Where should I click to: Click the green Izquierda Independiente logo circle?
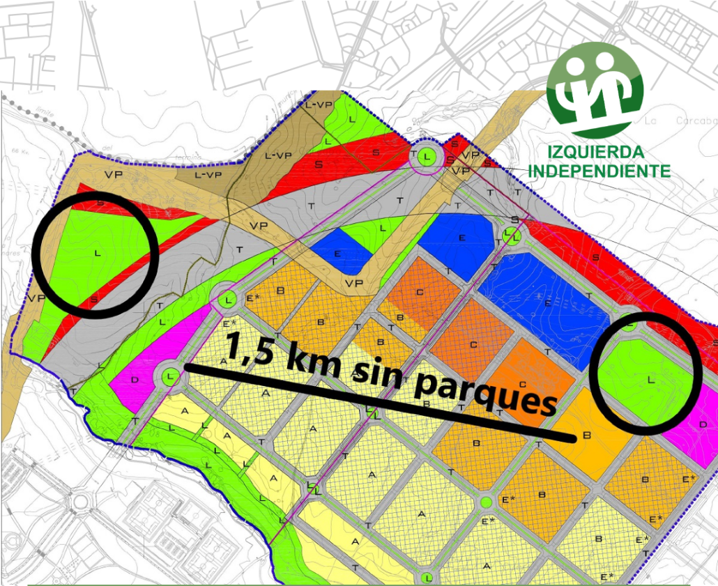(595, 89)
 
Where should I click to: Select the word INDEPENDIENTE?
(599, 171)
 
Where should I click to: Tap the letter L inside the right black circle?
(650, 380)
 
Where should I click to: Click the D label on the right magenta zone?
(703, 424)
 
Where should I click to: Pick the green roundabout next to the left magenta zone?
(170, 377)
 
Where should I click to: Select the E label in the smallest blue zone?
(337, 254)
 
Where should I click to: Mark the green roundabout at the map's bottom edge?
(427, 578)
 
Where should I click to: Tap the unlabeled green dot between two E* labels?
(486, 502)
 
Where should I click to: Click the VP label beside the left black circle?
(32, 298)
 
